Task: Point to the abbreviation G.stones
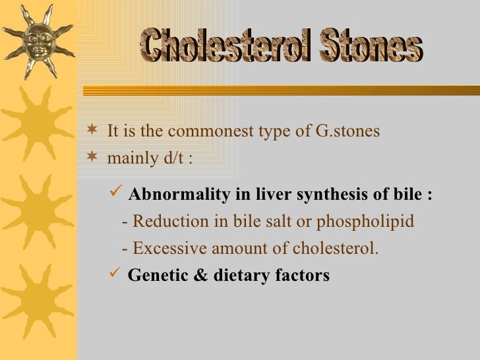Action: click(x=347, y=131)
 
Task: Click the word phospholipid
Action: click(x=365, y=222)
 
